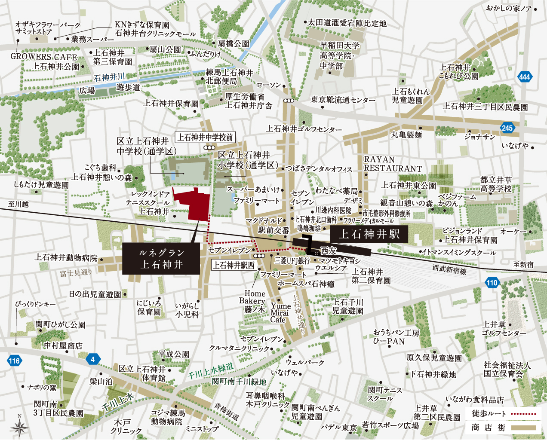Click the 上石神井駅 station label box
[369, 234]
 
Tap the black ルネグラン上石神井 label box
[161, 258]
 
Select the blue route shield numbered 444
[524, 77]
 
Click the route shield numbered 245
[507, 128]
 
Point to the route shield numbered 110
[492, 282]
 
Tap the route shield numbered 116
[14, 361]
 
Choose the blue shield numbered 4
[92, 359]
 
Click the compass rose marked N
[19, 426]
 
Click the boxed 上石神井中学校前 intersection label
[205, 137]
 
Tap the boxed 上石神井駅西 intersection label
[234, 265]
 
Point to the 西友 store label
[329, 251]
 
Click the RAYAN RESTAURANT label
[392, 164]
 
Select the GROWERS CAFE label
[43, 57]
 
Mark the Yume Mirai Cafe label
[280, 313]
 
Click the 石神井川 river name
[109, 77]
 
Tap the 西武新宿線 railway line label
[449, 270]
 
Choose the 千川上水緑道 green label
[211, 371]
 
